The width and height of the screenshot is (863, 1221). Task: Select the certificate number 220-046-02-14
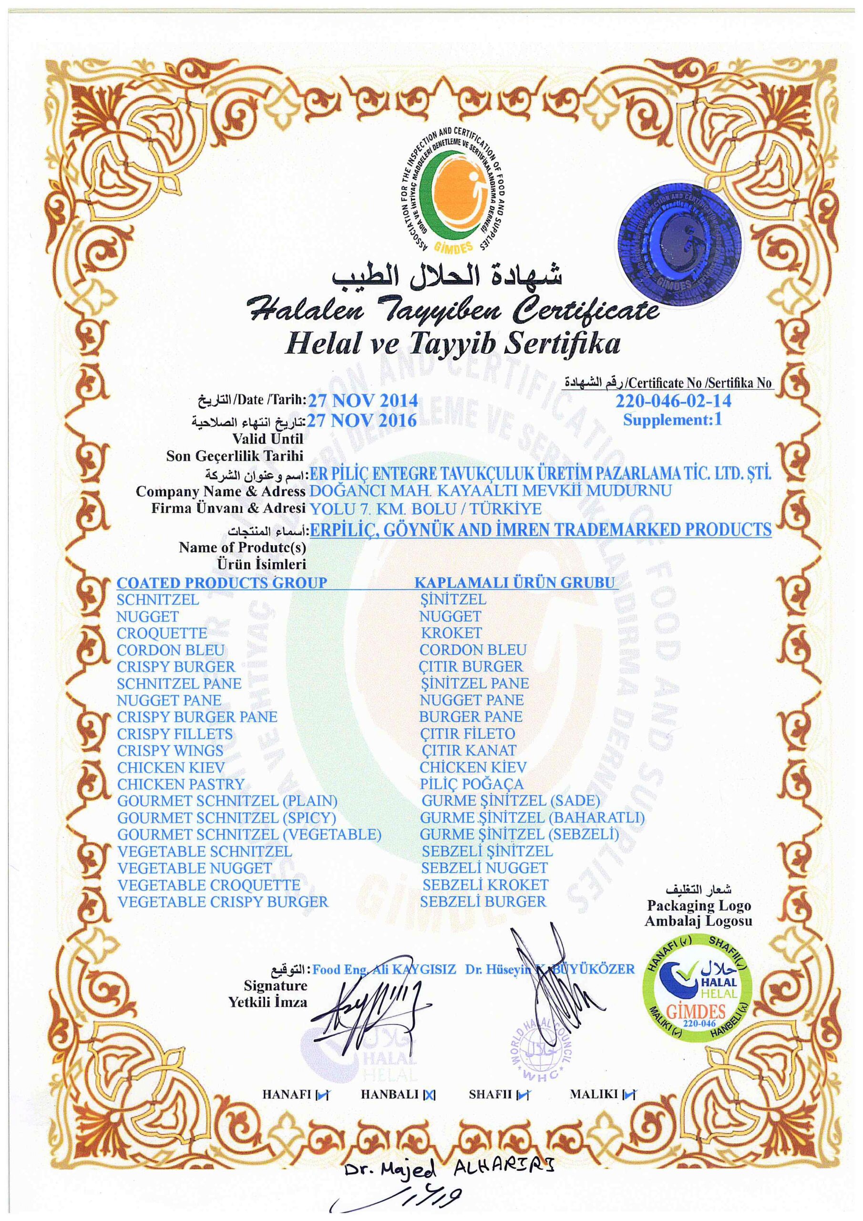pos(673,401)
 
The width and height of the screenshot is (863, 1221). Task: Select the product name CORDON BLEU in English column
pos(171,651)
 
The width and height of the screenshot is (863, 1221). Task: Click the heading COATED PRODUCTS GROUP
pos(222,583)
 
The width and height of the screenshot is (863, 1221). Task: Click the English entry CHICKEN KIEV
pos(171,768)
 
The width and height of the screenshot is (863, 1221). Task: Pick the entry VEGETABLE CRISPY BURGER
pos(223,901)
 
